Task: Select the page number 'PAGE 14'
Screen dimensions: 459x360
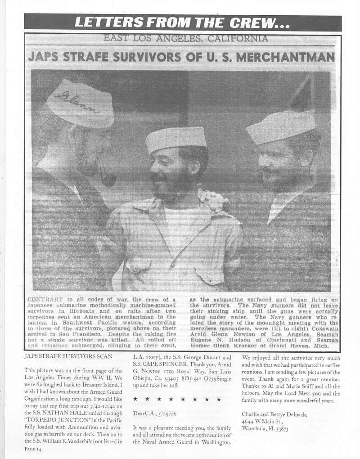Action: pos(33,449)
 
